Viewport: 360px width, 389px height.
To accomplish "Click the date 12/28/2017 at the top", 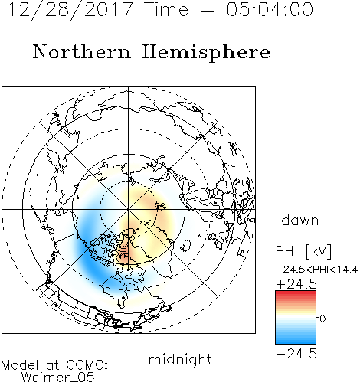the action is coord(70,10).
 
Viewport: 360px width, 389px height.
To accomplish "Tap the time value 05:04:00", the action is coord(270,10).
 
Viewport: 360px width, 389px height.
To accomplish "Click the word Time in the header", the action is coord(166,10).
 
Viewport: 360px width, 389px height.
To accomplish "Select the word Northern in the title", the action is coord(82,52).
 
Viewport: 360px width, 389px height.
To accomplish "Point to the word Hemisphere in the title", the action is coord(206,53).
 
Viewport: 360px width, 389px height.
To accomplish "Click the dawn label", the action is coord(300,220).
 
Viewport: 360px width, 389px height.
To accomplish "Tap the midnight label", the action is coord(180,359).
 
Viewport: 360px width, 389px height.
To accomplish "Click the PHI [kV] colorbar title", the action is coord(303,251).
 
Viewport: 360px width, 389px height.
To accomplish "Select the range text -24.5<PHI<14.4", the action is coord(316,270).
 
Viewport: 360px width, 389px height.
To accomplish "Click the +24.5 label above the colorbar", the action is coord(296,284).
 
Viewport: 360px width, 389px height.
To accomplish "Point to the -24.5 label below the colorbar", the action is coord(296,354).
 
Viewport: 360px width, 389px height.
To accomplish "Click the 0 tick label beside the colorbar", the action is coord(322,319).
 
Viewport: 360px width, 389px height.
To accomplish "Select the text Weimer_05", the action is coord(58,378).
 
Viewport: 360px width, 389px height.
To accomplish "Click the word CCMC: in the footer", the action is coord(87,365).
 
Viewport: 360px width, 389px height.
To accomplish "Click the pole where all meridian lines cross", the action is coord(129,209).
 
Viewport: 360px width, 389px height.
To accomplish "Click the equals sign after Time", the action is coord(208,10).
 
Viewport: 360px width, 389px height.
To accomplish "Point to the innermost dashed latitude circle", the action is coord(100,209).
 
